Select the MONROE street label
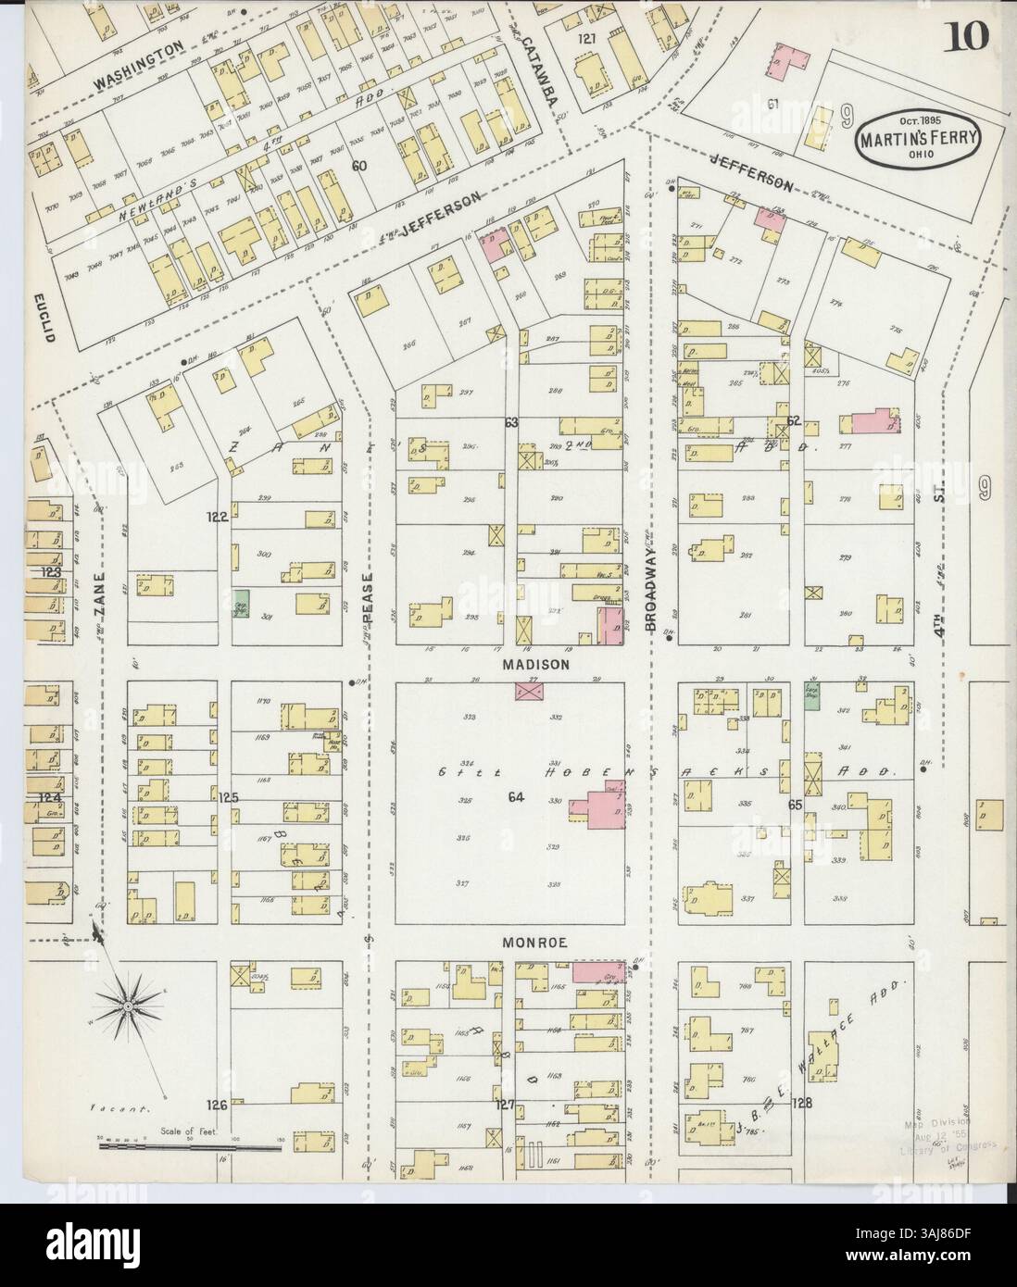coord(529,941)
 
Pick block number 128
coord(803,1103)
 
